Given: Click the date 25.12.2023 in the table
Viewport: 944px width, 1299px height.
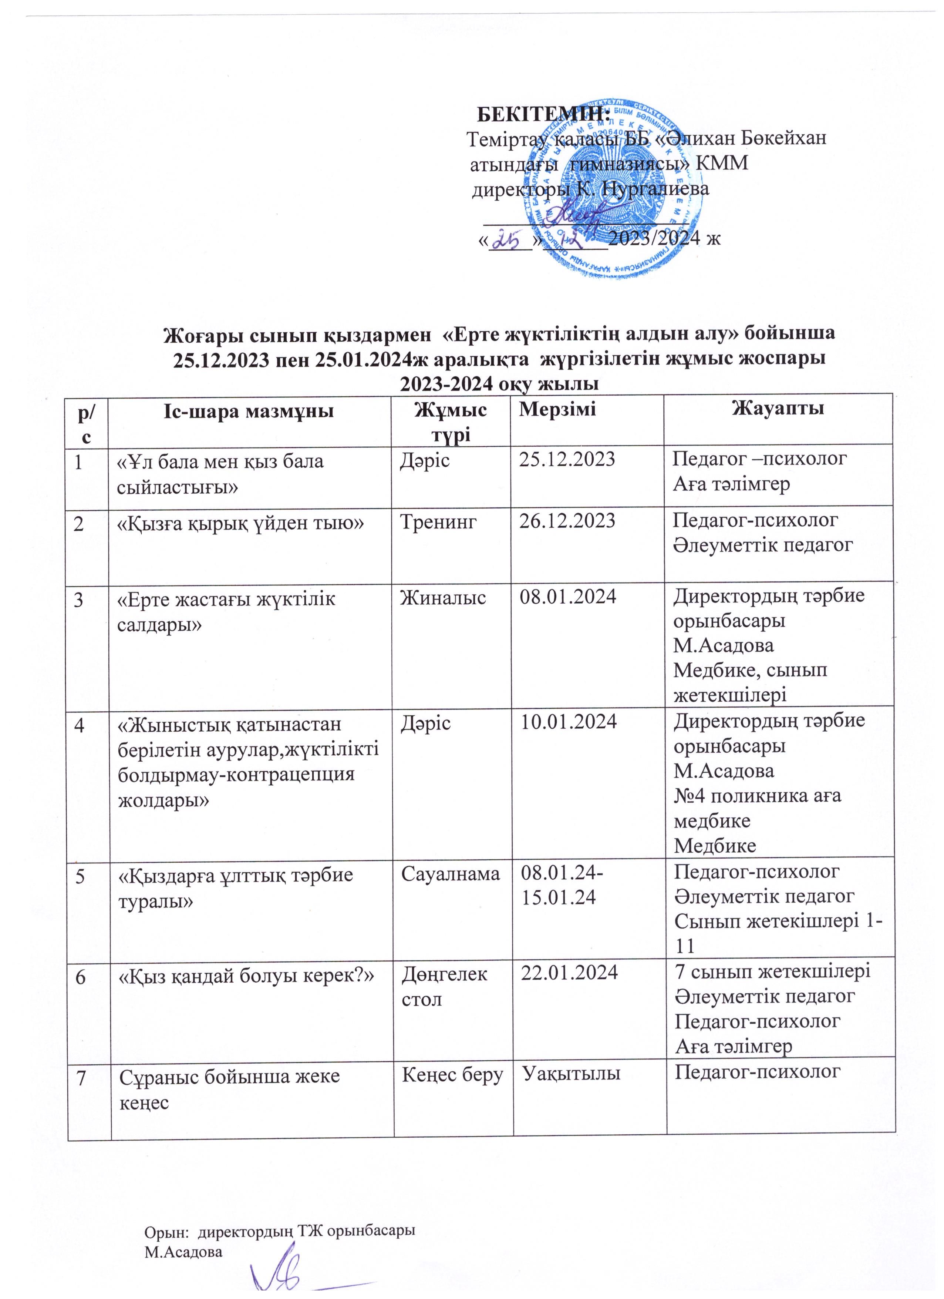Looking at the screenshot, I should (566, 459).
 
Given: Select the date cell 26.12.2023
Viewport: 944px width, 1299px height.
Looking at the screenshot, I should (566, 520).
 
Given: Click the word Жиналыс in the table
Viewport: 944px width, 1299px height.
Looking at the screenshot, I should (443, 597).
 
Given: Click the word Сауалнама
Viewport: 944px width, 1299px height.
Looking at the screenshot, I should (450, 873).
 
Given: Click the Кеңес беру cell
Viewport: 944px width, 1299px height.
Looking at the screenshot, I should (452, 1075).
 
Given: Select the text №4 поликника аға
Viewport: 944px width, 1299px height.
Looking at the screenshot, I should (757, 796).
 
